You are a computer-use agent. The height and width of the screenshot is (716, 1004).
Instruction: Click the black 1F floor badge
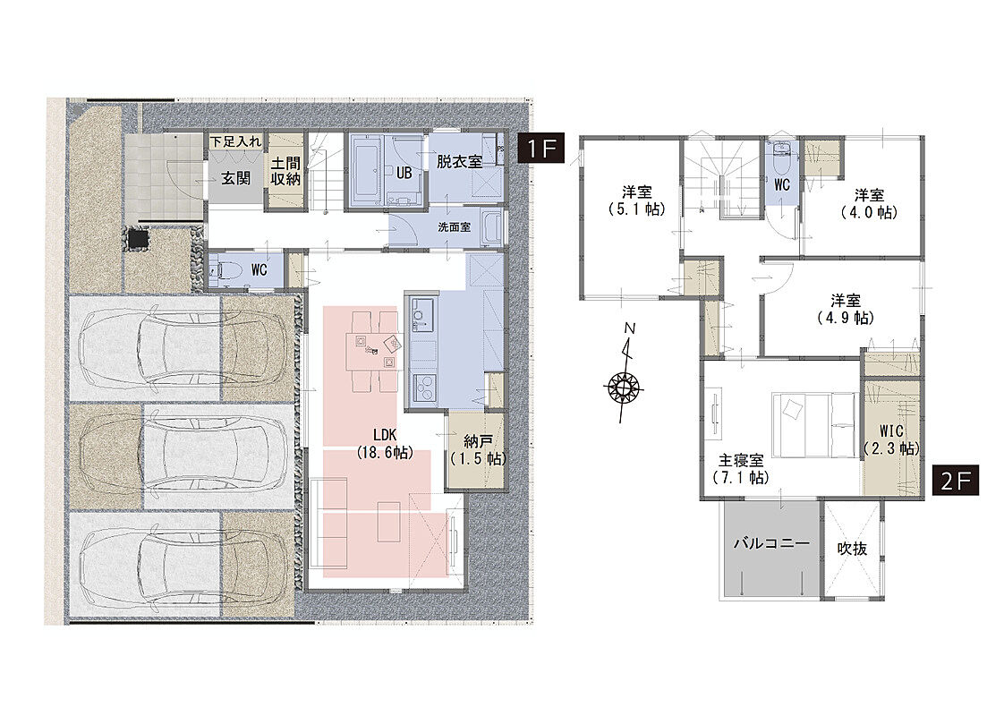(x=540, y=149)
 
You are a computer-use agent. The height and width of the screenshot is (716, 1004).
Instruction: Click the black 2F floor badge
(x=956, y=481)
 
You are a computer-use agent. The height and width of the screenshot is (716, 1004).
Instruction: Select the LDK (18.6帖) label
(x=385, y=444)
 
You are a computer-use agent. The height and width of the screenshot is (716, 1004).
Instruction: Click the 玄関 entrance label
(x=235, y=178)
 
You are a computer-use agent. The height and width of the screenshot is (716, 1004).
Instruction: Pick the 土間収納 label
(x=285, y=170)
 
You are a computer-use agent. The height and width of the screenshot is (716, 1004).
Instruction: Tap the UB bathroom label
(x=404, y=172)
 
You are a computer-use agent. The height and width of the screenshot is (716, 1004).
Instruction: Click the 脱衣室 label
(x=459, y=161)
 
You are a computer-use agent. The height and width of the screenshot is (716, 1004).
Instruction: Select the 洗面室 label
(x=454, y=226)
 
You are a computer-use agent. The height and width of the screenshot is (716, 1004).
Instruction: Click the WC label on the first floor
(x=259, y=270)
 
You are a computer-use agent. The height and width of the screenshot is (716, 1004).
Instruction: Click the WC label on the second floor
(x=782, y=185)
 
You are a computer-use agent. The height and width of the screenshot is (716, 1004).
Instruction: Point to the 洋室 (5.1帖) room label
(x=637, y=200)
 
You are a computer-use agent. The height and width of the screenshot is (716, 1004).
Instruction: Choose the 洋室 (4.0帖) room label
(x=869, y=203)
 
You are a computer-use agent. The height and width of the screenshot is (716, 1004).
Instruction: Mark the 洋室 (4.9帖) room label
(x=846, y=308)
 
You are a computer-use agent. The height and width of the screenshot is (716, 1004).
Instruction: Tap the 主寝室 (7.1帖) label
(x=741, y=469)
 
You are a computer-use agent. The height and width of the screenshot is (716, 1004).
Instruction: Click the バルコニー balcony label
(x=771, y=543)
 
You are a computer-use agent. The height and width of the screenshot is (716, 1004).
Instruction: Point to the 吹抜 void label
(x=852, y=549)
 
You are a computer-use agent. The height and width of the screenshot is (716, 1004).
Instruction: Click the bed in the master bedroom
(x=814, y=424)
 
